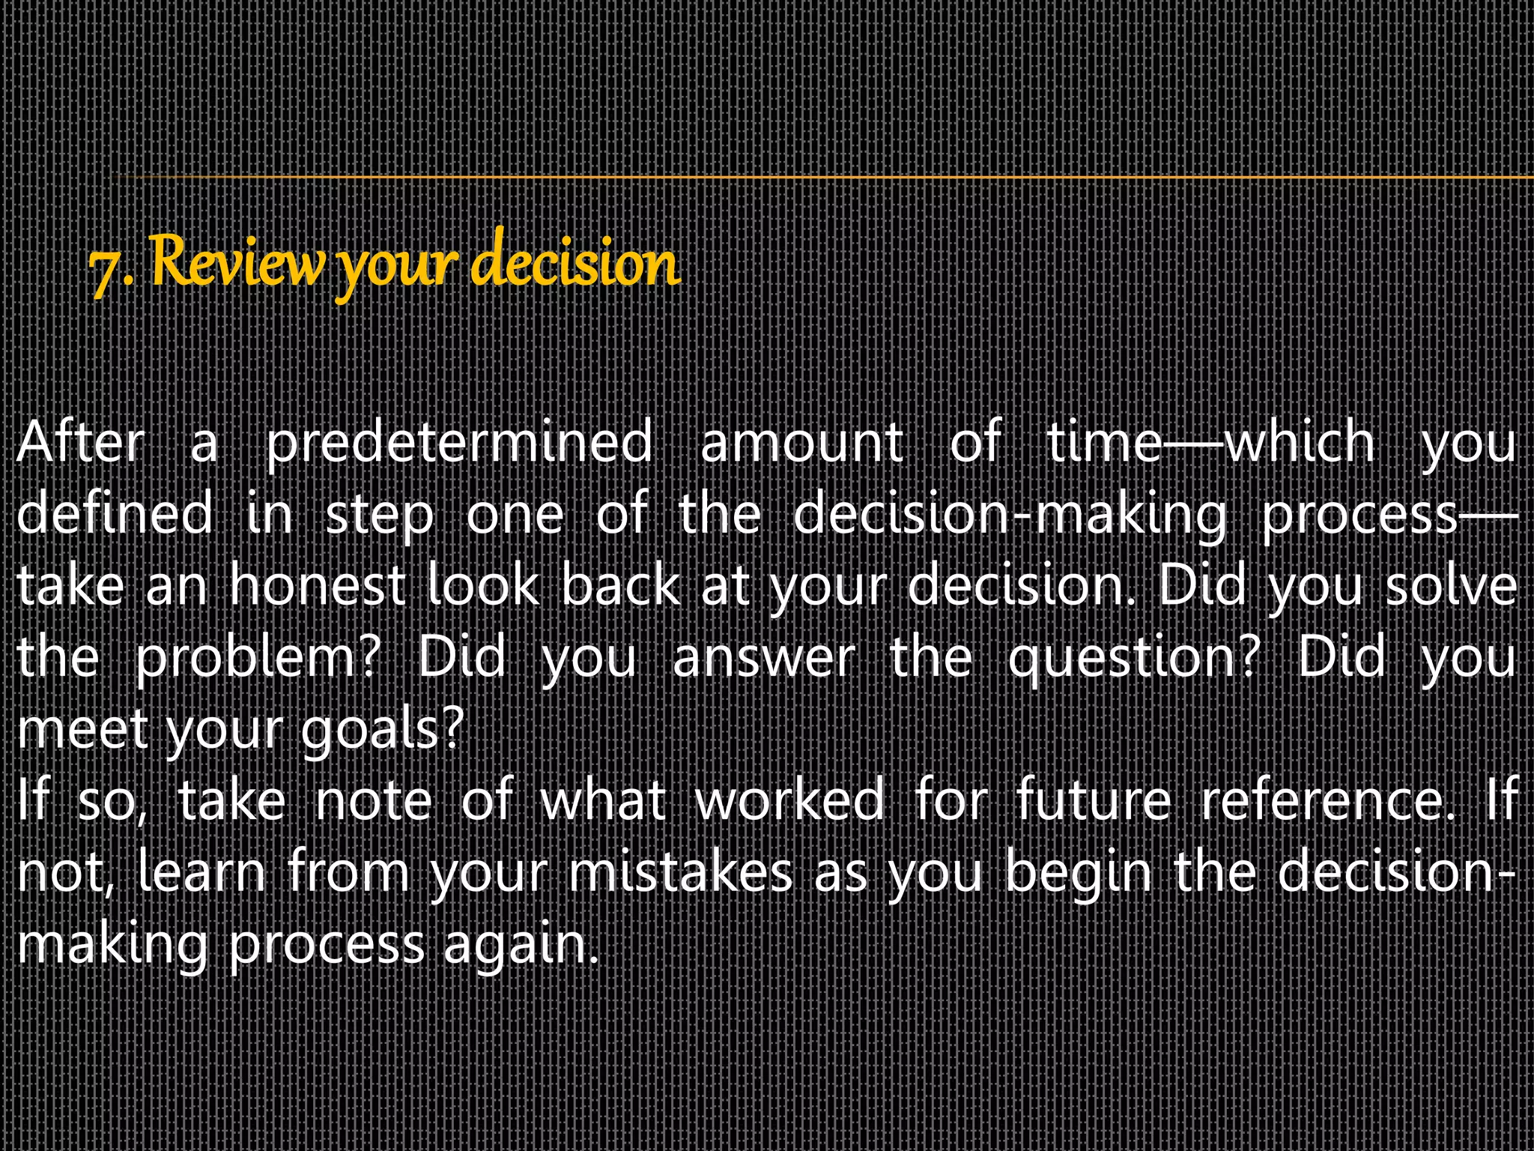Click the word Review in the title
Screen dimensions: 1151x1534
point(238,262)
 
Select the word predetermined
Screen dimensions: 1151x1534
point(459,443)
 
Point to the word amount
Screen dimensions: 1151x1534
point(801,443)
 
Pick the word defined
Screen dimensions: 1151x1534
point(115,513)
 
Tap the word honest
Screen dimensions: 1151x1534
point(318,585)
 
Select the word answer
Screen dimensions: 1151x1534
point(764,658)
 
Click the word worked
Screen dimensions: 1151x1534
point(790,800)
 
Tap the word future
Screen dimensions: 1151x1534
point(1094,800)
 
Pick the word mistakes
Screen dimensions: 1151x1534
point(680,872)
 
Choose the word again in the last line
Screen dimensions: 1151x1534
point(520,944)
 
